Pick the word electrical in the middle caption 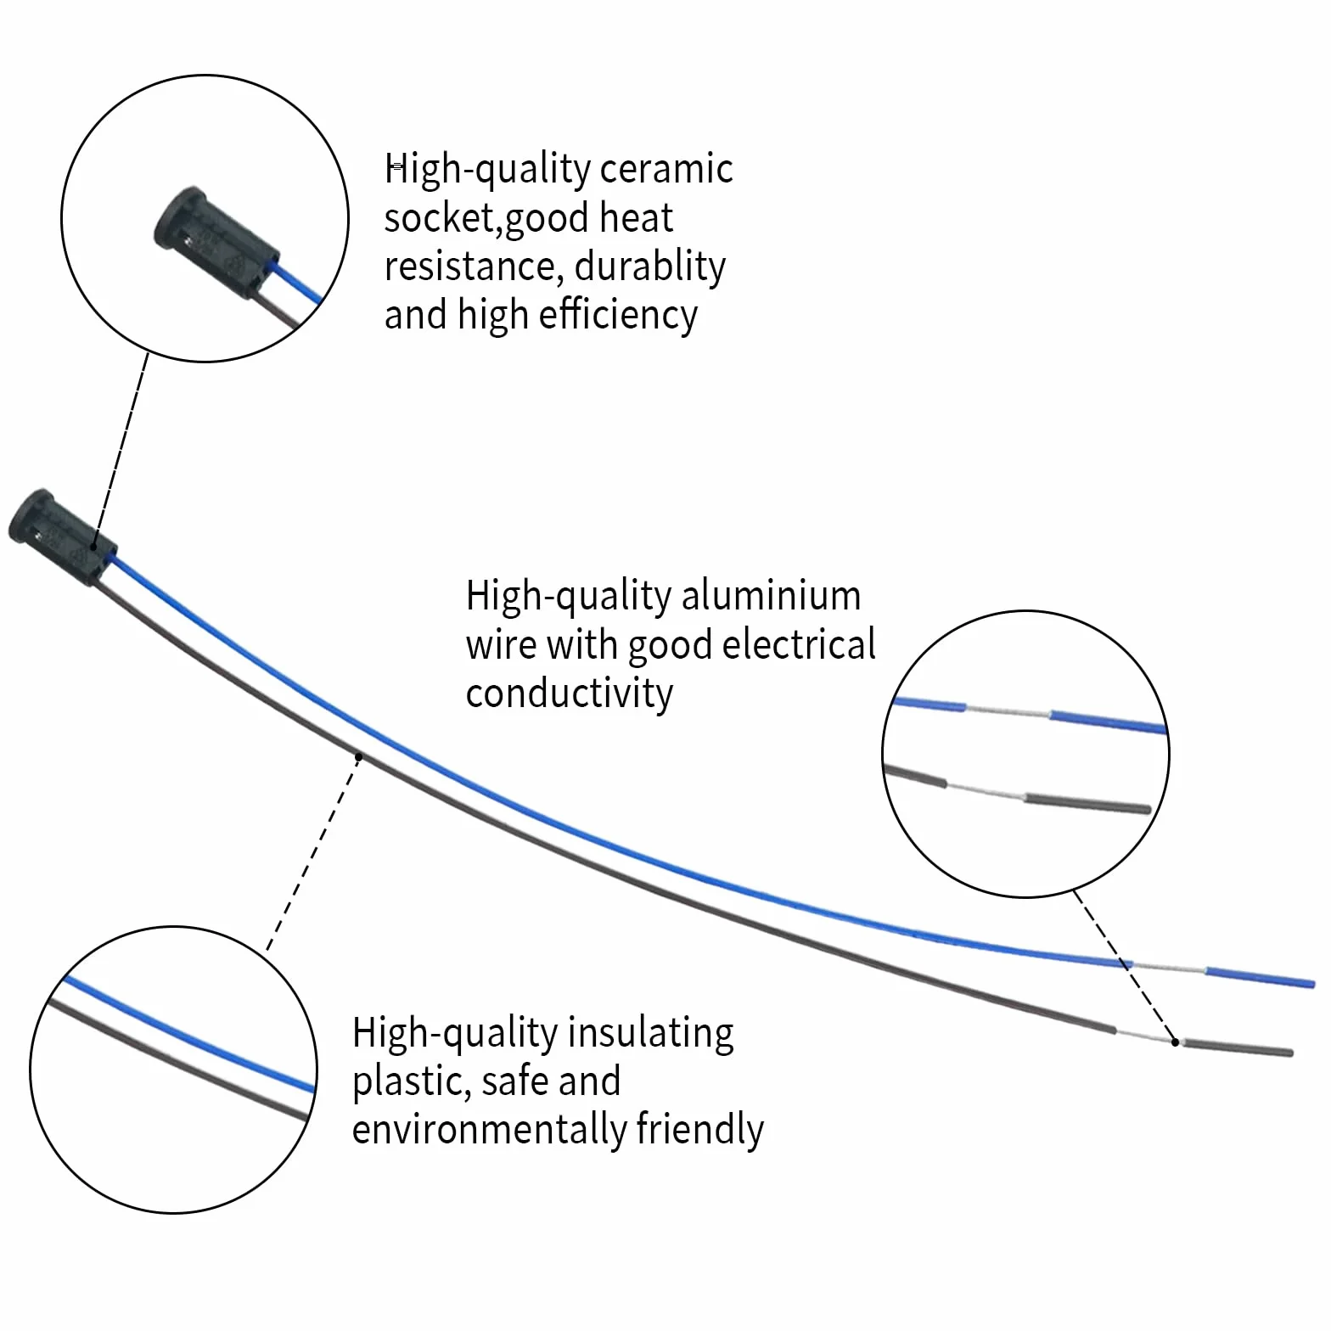(x=799, y=644)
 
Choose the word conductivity (x=569, y=694)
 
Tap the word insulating (x=650, y=1034)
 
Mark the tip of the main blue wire (x=1314, y=984)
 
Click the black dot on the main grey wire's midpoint (x=359, y=756)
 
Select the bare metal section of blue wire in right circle (x=1008, y=710)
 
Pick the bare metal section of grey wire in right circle (x=986, y=790)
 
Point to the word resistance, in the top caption (x=469, y=267)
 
